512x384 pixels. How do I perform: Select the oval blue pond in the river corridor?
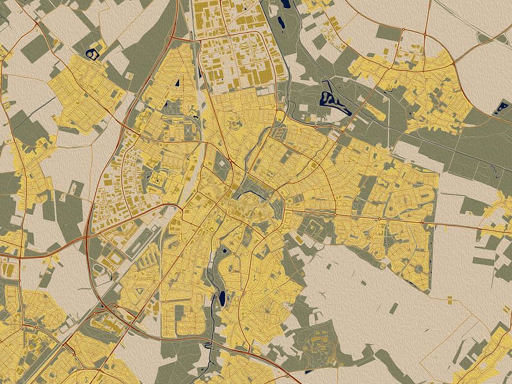click(221, 298)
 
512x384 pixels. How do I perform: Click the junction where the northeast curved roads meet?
click(454, 63)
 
